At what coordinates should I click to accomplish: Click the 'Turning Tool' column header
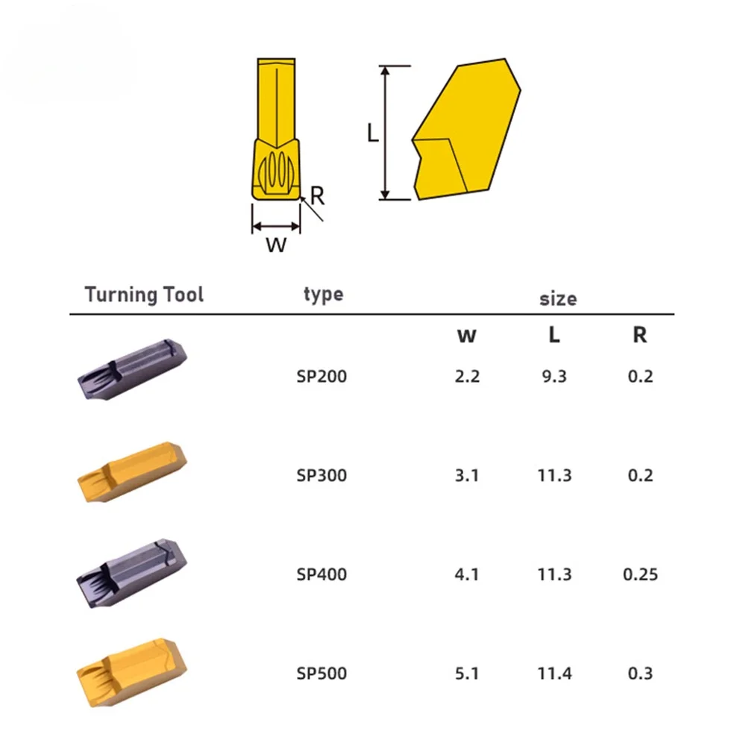pyautogui.click(x=144, y=294)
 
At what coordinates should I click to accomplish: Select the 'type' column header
pyautogui.click(x=323, y=294)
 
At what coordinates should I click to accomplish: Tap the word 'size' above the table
pyautogui.click(x=558, y=299)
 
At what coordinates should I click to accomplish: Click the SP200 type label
pyautogui.click(x=322, y=376)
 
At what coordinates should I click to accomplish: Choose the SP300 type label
pyautogui.click(x=322, y=475)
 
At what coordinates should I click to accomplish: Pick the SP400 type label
pyautogui.click(x=322, y=574)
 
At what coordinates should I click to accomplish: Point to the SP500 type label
pyautogui.click(x=322, y=674)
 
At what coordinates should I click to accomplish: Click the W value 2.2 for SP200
pyautogui.click(x=467, y=376)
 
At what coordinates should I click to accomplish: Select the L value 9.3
pyautogui.click(x=554, y=376)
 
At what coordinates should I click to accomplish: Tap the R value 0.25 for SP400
pyautogui.click(x=640, y=574)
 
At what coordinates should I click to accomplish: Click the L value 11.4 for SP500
pyautogui.click(x=554, y=674)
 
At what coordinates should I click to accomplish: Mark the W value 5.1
pyautogui.click(x=467, y=674)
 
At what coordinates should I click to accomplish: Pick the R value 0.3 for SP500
pyautogui.click(x=640, y=674)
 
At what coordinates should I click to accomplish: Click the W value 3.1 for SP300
pyautogui.click(x=467, y=475)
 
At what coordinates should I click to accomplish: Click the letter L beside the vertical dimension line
pyautogui.click(x=373, y=133)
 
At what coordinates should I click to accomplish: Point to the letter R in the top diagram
pyautogui.click(x=317, y=196)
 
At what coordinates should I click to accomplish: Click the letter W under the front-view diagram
pyautogui.click(x=276, y=245)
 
